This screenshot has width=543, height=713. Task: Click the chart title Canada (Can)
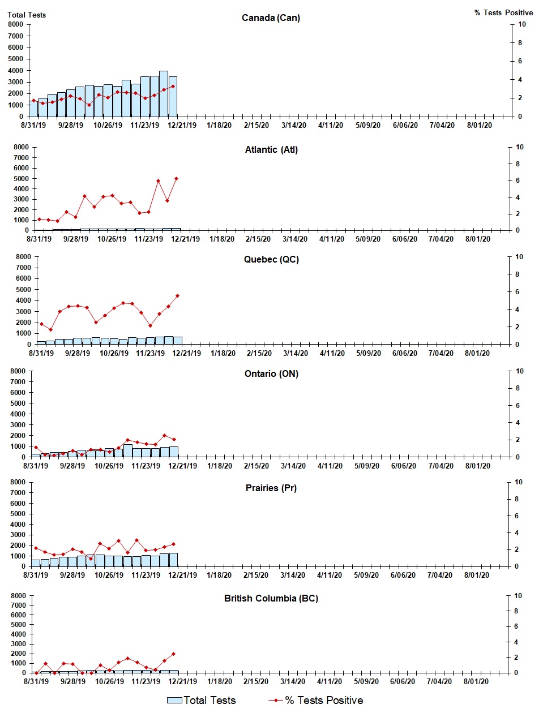tap(271, 18)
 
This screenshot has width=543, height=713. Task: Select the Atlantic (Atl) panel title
tap(271, 149)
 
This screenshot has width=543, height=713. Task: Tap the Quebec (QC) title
tap(271, 259)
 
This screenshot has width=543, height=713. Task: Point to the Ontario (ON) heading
tap(271, 373)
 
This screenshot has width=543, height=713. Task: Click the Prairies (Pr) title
tap(271, 488)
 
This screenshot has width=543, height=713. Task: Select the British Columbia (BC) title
tap(271, 598)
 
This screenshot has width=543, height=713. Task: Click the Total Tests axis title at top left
tap(27, 15)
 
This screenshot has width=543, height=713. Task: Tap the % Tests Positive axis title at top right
tap(503, 12)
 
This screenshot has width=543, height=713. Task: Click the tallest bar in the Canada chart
tap(164, 93)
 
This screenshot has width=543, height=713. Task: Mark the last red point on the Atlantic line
tap(176, 178)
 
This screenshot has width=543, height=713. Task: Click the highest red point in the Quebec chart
tap(177, 295)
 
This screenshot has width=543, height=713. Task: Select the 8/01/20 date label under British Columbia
tap(476, 681)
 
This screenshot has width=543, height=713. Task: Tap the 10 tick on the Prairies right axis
tap(519, 482)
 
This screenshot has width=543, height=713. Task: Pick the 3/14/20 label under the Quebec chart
tap(296, 353)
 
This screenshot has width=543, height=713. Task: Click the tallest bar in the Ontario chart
tap(128, 450)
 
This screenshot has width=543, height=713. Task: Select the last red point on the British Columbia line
tap(173, 654)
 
